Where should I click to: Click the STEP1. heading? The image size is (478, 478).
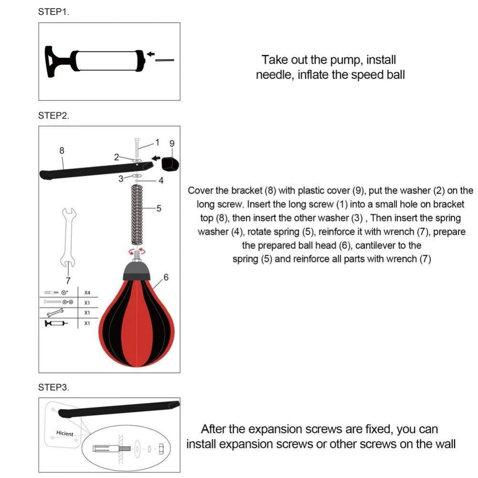coord(54,12)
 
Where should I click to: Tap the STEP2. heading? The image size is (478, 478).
coord(54,116)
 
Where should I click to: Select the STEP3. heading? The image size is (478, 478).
coord(54,387)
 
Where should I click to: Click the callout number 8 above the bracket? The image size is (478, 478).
coord(62,150)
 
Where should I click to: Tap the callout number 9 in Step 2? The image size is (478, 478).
coord(172,143)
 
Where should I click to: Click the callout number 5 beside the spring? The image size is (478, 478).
coord(159,208)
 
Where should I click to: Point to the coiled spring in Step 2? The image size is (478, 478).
coord(137,213)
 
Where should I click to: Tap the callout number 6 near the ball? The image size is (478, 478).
coord(166,277)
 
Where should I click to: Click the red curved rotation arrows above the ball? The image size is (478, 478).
coord(137,251)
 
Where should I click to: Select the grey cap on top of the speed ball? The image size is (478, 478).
coord(137,272)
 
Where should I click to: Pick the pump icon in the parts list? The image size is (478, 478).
coord(56,324)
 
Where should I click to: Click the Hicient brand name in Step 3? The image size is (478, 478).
coord(65,434)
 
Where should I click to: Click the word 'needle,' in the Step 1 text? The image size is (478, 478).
coord(275,75)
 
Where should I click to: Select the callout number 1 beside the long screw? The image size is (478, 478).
coord(156,142)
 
